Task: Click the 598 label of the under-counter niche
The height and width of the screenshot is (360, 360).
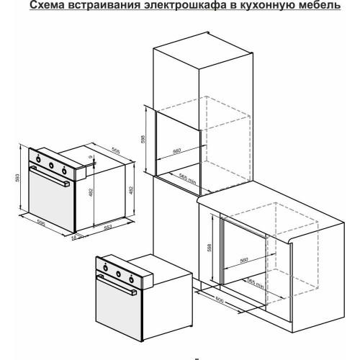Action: pos(209,247)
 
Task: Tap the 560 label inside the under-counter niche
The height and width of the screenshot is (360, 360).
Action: pos(243,259)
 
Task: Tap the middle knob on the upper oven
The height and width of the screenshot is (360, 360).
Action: pos(52,166)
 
